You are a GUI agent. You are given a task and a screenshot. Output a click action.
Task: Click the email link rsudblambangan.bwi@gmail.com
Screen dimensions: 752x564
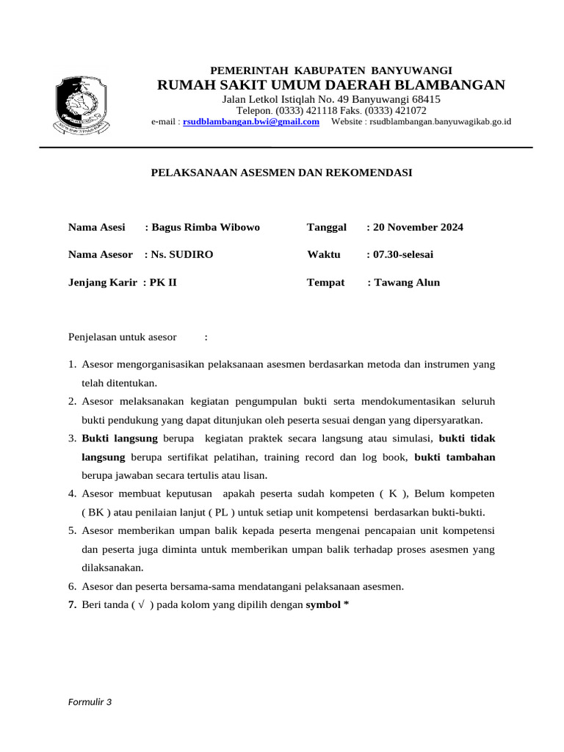(250, 122)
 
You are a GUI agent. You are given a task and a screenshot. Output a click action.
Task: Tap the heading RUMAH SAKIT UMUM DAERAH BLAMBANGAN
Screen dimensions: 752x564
(330, 85)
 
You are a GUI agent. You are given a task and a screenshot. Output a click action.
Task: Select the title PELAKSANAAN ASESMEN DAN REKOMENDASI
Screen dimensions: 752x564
(281, 173)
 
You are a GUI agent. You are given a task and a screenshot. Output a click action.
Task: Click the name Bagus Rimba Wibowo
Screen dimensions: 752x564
(205, 227)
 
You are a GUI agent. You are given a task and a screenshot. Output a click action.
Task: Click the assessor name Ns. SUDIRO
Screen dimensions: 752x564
(182, 254)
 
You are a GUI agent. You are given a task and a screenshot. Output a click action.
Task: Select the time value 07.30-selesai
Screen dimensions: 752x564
(402, 254)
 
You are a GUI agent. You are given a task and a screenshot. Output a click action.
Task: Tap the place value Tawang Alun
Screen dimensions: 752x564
(406, 282)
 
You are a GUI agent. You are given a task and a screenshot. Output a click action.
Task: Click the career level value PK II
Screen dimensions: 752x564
(163, 282)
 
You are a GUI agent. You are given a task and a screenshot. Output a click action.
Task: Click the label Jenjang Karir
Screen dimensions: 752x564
(102, 282)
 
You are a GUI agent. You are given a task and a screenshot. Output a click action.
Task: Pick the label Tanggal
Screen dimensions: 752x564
(326, 227)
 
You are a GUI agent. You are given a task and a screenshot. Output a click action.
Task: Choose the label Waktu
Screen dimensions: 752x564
(323, 254)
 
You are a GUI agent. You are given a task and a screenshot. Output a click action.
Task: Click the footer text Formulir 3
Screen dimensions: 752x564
(90, 701)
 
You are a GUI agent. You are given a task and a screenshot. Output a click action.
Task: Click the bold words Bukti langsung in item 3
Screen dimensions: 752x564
(120, 438)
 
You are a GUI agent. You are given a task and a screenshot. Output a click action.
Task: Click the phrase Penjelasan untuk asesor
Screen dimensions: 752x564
(122, 337)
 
